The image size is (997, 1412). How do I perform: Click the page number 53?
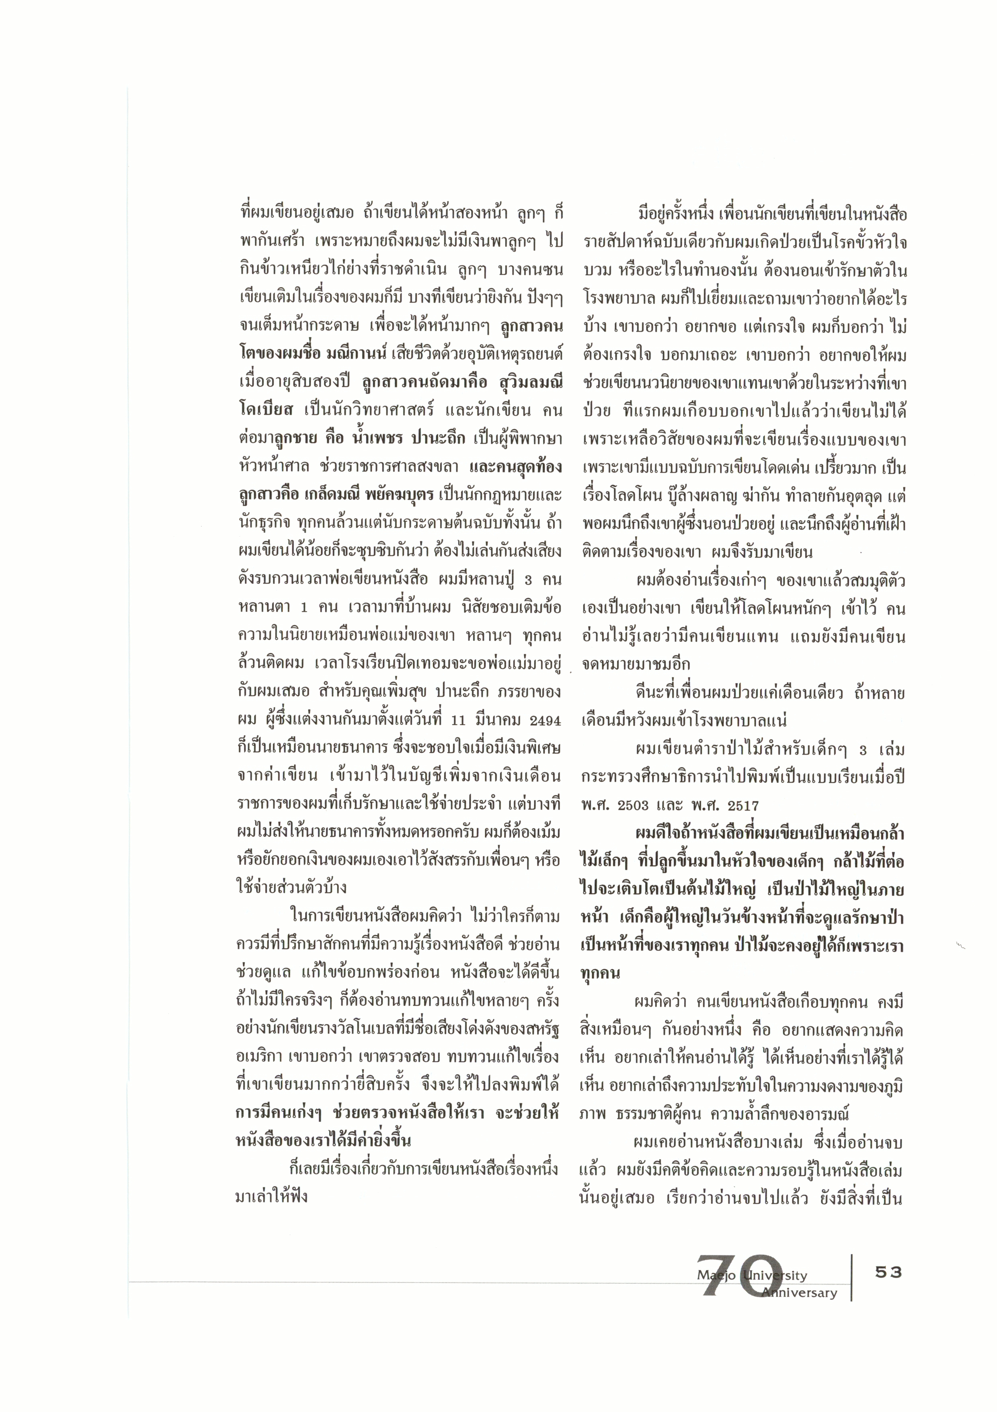tap(888, 1272)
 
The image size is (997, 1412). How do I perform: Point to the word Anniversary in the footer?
tap(800, 1293)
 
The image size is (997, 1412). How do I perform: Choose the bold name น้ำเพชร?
tap(374, 439)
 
